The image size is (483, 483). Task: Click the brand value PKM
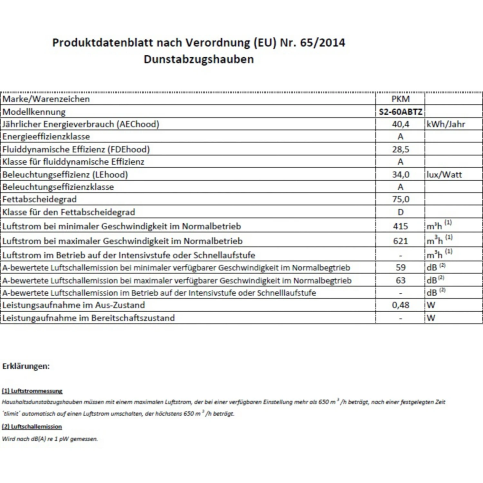coord(400,99)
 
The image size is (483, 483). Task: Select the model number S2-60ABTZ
coord(400,112)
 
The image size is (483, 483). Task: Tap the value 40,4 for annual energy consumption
coord(400,124)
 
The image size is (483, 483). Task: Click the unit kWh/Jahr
coord(446,124)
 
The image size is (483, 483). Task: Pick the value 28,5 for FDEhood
coord(400,149)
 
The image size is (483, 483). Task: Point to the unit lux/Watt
coord(444,175)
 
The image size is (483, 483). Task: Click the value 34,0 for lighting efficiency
coord(400,175)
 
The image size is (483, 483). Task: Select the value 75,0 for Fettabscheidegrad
coord(400,199)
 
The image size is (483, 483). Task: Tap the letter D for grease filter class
coord(400,212)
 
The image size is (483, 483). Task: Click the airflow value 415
coord(400,226)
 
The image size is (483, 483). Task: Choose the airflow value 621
coord(400,241)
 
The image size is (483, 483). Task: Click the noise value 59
coord(400,267)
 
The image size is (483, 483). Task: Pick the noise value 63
coord(400,280)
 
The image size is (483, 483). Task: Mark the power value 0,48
coord(400,305)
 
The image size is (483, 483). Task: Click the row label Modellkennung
coord(34,112)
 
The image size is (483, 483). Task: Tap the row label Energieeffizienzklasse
coord(46,137)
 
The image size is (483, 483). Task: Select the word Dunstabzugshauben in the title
coord(199,59)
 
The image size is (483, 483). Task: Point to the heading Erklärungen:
coord(26,366)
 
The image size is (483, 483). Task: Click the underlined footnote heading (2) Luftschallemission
coord(32,427)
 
